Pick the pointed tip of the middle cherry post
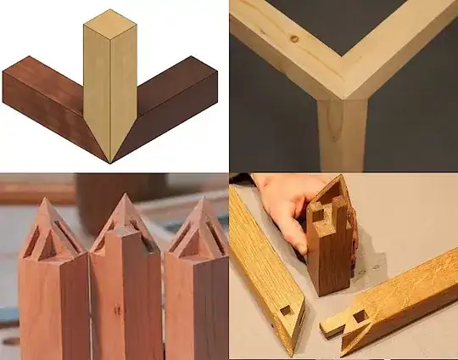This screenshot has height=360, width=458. click(125, 197)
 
